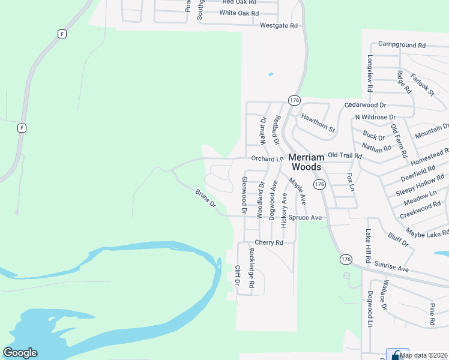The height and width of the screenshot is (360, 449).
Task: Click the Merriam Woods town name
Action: [306, 162]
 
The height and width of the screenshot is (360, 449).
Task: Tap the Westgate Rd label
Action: [279, 26]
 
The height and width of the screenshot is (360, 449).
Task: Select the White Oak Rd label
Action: [239, 13]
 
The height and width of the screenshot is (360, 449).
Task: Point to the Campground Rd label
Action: [402, 45]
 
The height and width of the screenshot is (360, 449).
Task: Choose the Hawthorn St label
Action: [318, 122]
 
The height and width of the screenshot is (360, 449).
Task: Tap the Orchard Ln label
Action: [267, 159]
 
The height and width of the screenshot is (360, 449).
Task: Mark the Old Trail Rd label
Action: [345, 155]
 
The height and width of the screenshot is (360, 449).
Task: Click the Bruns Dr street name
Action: [205, 199]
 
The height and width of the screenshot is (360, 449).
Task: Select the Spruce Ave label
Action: [305, 217]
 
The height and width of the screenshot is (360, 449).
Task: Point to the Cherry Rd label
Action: [268, 242]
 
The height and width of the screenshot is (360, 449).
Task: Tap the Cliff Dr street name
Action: [238, 275]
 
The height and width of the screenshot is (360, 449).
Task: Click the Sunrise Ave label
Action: [391, 267]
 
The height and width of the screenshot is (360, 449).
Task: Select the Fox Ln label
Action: [351, 182]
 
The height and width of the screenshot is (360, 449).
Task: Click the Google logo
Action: [20, 353]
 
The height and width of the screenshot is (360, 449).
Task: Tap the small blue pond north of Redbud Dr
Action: [271, 74]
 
